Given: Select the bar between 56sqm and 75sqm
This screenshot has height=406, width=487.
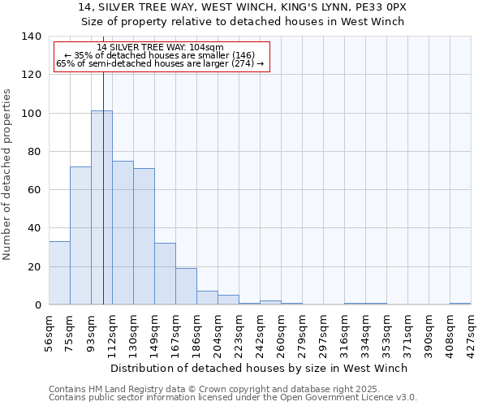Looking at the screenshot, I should coord(59,273).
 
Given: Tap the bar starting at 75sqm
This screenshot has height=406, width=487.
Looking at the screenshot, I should coord(80,235).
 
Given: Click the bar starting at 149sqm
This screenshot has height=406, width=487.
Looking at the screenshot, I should coord(165,274).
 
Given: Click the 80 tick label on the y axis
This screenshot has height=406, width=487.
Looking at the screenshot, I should coord(34,152).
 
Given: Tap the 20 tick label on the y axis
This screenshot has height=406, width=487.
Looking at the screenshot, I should coord(34,266).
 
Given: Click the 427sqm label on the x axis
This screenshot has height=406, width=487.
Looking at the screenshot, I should coord(472,331).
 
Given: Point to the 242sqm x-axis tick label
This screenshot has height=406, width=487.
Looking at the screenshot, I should coord(261,331).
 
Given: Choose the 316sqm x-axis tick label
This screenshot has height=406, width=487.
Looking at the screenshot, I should coord(345,331).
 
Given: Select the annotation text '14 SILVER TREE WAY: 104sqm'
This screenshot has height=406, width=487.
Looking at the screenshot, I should coord(160,48).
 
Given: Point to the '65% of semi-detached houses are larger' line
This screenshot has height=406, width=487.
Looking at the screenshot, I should coord(160,64).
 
